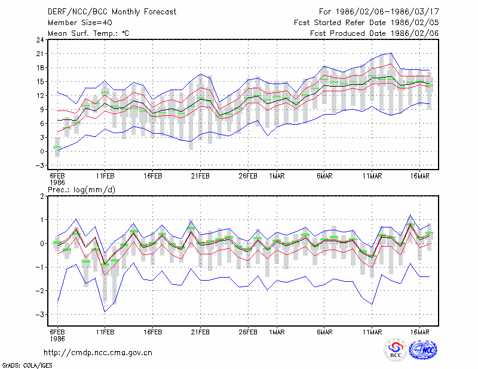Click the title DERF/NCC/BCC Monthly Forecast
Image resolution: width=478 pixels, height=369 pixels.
[x=112, y=12]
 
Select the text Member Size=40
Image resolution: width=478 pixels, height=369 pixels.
[x=80, y=23]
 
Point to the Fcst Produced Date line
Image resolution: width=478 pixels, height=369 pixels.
[x=375, y=33]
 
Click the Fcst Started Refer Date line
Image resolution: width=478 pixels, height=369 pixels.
[x=366, y=23]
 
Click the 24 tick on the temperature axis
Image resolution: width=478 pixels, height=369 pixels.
[x=40, y=39]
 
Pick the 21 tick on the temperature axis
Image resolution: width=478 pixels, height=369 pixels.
[x=40, y=54]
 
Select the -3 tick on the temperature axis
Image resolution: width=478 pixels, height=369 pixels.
[x=40, y=165]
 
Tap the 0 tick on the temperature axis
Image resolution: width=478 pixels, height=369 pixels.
[x=42, y=151]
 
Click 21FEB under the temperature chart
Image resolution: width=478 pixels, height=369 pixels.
[x=200, y=176]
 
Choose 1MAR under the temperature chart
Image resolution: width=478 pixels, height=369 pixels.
[x=277, y=176]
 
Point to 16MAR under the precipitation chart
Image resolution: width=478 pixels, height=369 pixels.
[x=420, y=332]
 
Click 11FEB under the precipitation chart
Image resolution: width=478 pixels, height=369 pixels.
[x=105, y=332]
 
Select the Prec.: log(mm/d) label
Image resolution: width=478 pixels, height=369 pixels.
[x=81, y=190]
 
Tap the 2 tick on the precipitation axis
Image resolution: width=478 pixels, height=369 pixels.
[x=42, y=196]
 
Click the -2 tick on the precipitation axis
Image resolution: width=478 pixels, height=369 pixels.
[x=40, y=290]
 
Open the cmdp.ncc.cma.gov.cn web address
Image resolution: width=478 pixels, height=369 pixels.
[x=98, y=353]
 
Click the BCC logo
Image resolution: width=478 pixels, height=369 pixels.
[x=396, y=350]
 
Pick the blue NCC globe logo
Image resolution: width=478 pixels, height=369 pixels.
[x=423, y=350]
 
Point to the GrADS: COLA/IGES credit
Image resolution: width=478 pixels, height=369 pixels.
[x=27, y=365]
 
